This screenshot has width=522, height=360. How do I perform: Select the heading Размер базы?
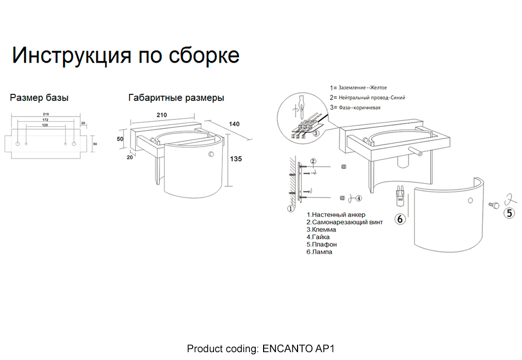click(39, 98)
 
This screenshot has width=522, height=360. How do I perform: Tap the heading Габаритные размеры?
click(176, 98)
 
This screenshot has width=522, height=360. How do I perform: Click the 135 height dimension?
click(235, 159)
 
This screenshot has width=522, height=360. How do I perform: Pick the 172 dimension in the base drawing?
click(46, 121)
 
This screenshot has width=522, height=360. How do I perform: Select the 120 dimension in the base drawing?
click(46, 126)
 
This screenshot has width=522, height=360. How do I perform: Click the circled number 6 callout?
click(400, 219)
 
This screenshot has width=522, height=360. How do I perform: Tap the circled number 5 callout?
click(508, 212)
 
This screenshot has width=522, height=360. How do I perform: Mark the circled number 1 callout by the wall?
click(291, 209)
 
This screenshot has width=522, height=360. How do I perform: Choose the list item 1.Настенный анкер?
click(336, 215)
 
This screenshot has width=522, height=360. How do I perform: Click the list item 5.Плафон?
click(322, 244)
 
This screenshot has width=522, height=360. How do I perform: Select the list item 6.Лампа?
click(319, 251)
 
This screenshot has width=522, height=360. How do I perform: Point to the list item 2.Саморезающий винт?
click(345, 222)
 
